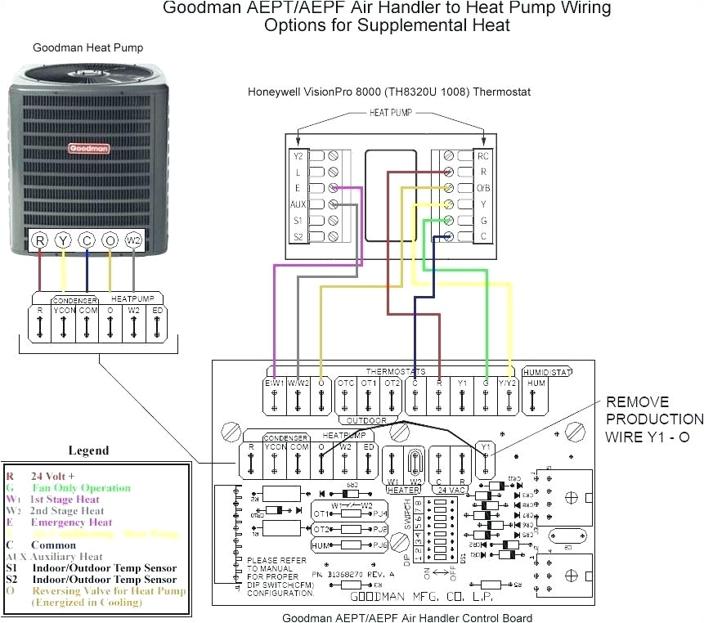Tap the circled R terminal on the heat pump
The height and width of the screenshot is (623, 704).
tap(39, 240)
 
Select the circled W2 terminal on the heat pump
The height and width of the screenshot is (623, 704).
tap(133, 240)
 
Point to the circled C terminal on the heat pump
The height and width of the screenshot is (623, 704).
tap(87, 240)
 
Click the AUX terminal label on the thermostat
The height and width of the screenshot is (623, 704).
tap(298, 204)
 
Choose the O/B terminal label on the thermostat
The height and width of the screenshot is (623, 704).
tap(483, 187)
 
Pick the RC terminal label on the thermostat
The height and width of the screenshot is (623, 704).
tap(483, 155)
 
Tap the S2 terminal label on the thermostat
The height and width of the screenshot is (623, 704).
tap(298, 236)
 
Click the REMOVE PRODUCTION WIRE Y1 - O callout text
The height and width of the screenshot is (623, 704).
tap(647, 419)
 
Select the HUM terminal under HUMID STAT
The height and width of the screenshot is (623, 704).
tap(536, 383)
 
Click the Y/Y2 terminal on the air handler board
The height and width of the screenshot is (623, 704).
tap(510, 383)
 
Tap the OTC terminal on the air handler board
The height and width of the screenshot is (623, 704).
tap(346, 383)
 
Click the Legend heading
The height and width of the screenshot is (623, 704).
tap(87, 450)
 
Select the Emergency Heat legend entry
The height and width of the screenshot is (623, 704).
tap(71, 522)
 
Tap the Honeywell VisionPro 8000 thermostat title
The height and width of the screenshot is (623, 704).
tap(389, 92)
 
